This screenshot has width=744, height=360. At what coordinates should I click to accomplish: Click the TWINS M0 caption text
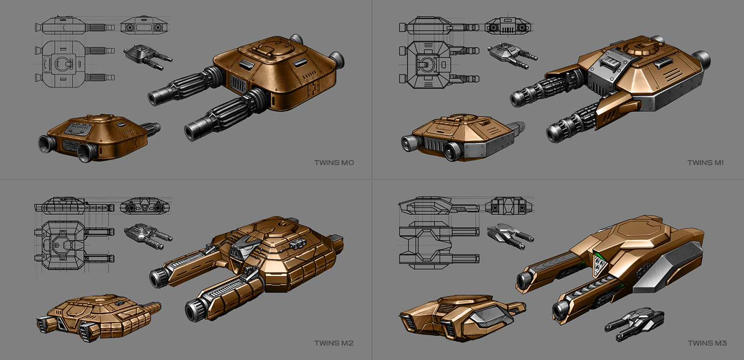tap(334, 163)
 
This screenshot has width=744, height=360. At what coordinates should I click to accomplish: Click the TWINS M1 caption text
tap(705, 163)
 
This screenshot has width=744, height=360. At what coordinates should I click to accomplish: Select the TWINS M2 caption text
tap(334, 343)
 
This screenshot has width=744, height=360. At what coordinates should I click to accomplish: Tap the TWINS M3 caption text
tap(707, 343)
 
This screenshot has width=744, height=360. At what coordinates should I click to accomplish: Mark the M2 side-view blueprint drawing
tap(73, 206)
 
